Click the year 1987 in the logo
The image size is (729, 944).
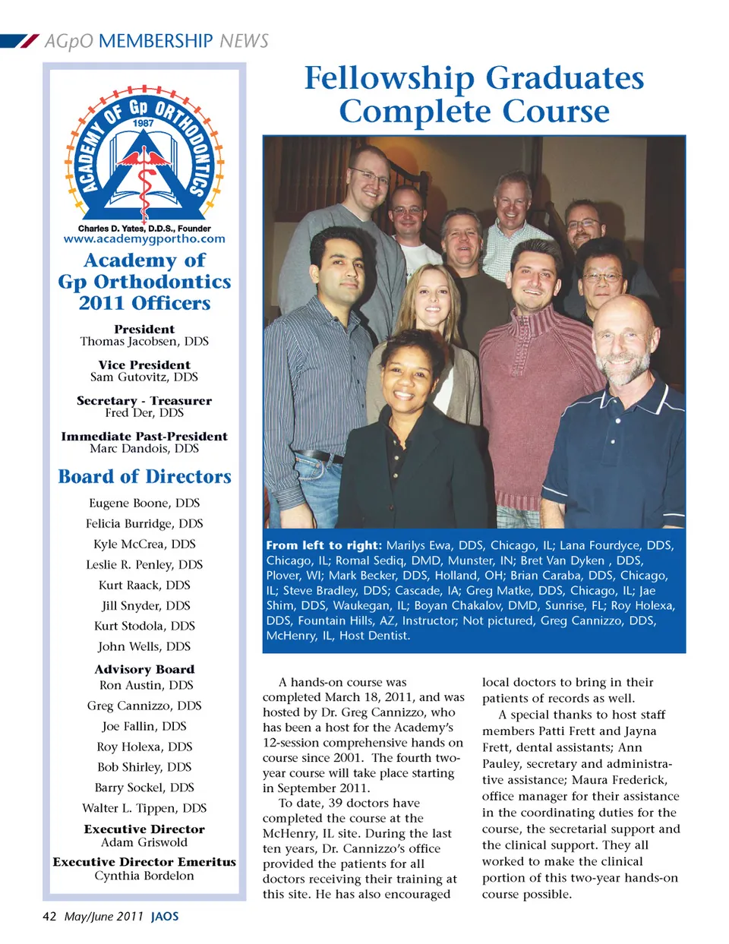pyautogui.click(x=144, y=122)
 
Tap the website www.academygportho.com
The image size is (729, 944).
pyautogui.click(x=144, y=238)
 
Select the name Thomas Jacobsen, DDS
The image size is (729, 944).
pyautogui.click(x=144, y=342)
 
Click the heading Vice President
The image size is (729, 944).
pyautogui.click(x=144, y=365)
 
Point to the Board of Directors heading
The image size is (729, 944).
pyautogui.click(x=144, y=476)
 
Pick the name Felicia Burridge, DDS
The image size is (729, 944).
pyautogui.click(x=144, y=523)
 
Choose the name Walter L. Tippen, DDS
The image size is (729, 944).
pyautogui.click(x=144, y=808)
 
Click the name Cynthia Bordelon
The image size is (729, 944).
pyautogui.click(x=144, y=876)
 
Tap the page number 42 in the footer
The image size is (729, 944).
pyautogui.click(x=49, y=916)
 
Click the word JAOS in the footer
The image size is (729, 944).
pyautogui.click(x=165, y=916)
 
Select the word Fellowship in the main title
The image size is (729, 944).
pyautogui.click(x=389, y=78)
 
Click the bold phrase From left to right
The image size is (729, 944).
pyautogui.click(x=323, y=545)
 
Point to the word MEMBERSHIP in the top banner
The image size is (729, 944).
pyautogui.click(x=156, y=41)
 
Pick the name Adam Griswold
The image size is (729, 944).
pyautogui.click(x=144, y=842)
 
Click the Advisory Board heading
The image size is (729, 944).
pyautogui.click(x=144, y=669)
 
